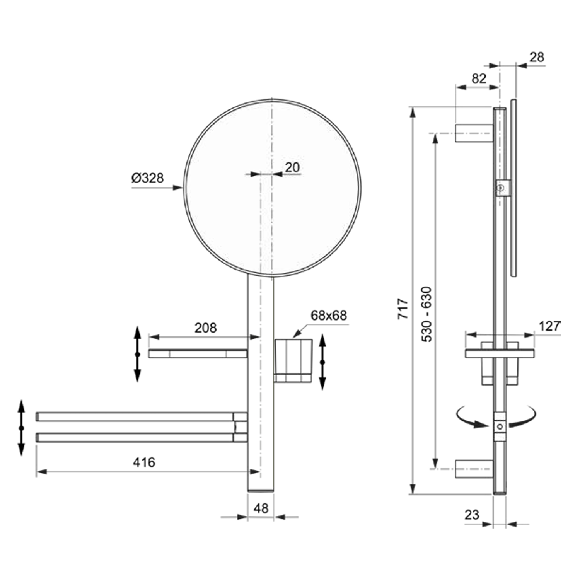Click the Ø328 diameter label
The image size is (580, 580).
click(147, 178)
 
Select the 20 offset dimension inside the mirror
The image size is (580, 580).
click(292, 167)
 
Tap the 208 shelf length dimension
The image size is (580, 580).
click(205, 328)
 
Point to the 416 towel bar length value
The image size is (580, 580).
click(144, 462)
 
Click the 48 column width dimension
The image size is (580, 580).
click(261, 508)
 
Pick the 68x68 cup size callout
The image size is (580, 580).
click(329, 316)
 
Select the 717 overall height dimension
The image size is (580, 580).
click(403, 308)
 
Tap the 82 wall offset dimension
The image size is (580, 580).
click(479, 78)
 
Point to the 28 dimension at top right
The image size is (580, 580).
click(537, 57)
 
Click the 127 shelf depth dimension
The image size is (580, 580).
click(549, 326)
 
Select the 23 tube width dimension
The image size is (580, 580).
click(472, 515)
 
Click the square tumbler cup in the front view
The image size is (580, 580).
click(293, 360)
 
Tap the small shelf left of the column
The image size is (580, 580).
click(198, 353)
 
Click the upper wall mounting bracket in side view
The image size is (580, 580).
click(474, 133)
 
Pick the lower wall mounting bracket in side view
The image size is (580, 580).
click(474, 469)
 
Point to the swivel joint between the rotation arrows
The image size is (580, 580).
click(500, 426)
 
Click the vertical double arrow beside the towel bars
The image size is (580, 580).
click(21, 428)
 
